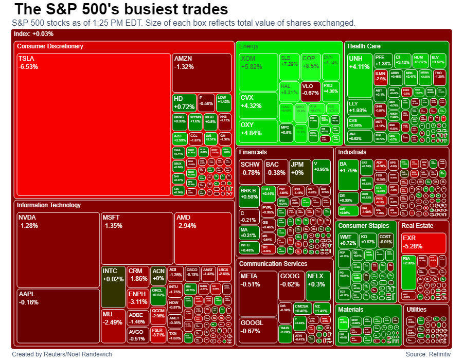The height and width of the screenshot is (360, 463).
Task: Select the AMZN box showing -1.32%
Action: coord(202,72)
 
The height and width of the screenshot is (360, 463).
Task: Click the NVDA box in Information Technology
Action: coord(58,249)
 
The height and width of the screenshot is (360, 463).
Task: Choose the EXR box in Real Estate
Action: coord(423,243)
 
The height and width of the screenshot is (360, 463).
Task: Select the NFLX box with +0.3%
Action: coord(318,285)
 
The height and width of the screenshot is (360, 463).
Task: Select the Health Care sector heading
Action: coord(364,46)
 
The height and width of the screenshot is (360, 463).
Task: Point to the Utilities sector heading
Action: coord(416,310)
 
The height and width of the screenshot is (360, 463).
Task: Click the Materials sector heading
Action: coord(351,310)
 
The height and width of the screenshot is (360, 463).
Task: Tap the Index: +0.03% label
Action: coord(34,34)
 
